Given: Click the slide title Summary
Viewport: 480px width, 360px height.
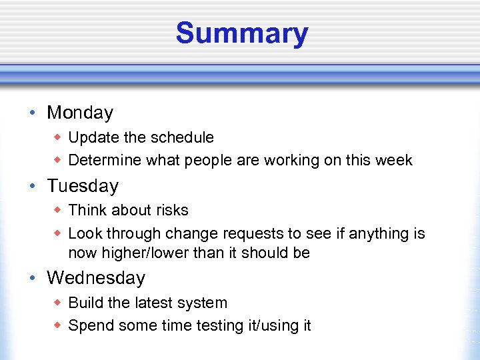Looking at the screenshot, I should pyautogui.click(x=241, y=33).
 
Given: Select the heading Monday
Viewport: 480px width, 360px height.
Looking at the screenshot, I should pyautogui.click(x=79, y=113).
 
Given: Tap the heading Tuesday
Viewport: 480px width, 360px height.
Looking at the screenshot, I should pyautogui.click(x=82, y=186).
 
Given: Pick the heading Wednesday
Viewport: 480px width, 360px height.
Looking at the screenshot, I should pyautogui.click(x=95, y=277).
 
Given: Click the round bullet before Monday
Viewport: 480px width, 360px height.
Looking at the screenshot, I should pyautogui.click(x=33, y=113).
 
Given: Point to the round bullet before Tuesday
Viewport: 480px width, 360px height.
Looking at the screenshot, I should pyautogui.click(x=33, y=187).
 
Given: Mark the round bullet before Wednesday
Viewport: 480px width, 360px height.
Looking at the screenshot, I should pyautogui.click(x=33, y=278).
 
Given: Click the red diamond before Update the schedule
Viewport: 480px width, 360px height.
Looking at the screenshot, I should pyautogui.click(x=58, y=137).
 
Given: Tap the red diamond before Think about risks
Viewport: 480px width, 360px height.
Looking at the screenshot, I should pyautogui.click(x=58, y=210).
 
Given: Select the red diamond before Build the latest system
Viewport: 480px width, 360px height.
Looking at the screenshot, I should pyautogui.click(x=58, y=303).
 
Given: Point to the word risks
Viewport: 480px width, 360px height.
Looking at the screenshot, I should pyautogui.click(x=172, y=210).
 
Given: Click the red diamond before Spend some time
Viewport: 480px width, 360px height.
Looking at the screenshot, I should pyautogui.click(x=58, y=326).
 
